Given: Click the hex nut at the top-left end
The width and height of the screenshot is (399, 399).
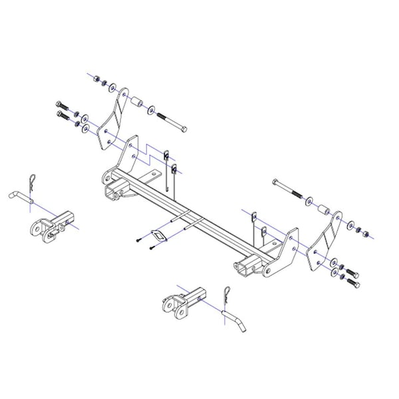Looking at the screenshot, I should click(96, 79).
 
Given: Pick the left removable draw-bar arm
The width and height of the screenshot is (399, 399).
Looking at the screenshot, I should click(53, 222).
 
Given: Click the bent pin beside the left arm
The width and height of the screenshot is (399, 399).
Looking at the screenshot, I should click(20, 198).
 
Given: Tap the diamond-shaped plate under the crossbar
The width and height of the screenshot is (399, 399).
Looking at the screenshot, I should click(157, 235).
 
